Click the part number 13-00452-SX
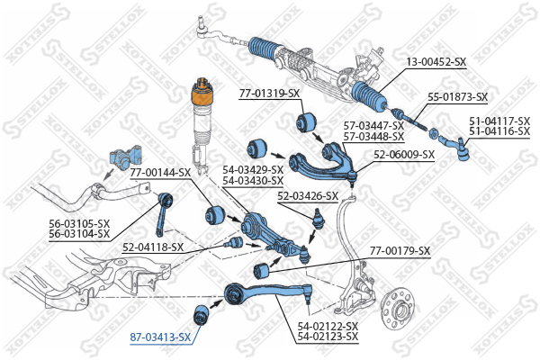(x=436, y=61)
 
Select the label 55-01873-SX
(x=457, y=96)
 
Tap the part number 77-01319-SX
(x=269, y=93)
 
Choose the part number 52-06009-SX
(x=404, y=154)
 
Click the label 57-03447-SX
(x=373, y=125)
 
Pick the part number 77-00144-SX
(x=160, y=171)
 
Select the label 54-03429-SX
(x=253, y=169)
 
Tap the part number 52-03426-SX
(x=308, y=195)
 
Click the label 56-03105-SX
(x=79, y=223)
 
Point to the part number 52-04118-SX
(x=153, y=247)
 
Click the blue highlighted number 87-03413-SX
(x=160, y=337)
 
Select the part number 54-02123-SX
(x=328, y=337)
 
